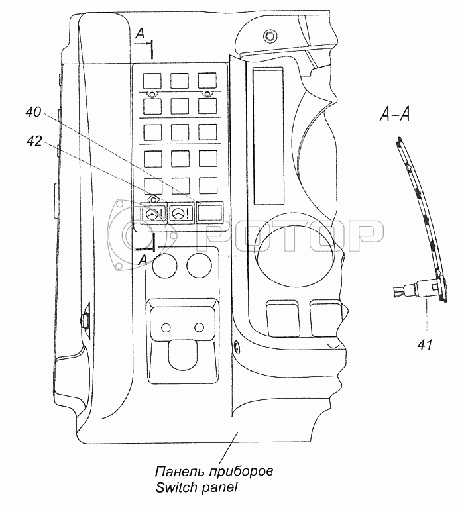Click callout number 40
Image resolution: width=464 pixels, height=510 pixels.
pyautogui.click(x=34, y=113)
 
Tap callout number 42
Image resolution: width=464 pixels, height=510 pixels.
pyautogui.click(x=34, y=140)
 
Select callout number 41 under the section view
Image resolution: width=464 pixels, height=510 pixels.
pyautogui.click(x=425, y=343)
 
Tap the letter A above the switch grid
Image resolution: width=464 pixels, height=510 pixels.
pyautogui.click(x=139, y=33)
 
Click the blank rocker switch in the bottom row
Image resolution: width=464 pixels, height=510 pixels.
pyautogui.click(x=209, y=213)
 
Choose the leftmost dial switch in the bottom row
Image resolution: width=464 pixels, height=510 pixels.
pyautogui.click(x=152, y=214)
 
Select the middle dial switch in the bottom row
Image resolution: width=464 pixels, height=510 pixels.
pyautogui.click(x=180, y=213)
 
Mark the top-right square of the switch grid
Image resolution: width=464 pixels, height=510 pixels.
pyautogui.click(x=207, y=81)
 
